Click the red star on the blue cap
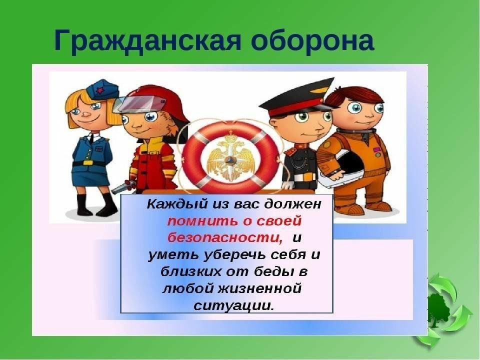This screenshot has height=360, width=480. click(x=99, y=90)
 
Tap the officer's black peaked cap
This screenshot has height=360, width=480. click(x=297, y=97)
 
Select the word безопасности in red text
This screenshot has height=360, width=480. click(x=225, y=238)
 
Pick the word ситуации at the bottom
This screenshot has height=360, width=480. click(x=233, y=305)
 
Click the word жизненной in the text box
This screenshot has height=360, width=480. click(x=259, y=288)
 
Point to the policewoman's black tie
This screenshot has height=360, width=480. click(x=91, y=138)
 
